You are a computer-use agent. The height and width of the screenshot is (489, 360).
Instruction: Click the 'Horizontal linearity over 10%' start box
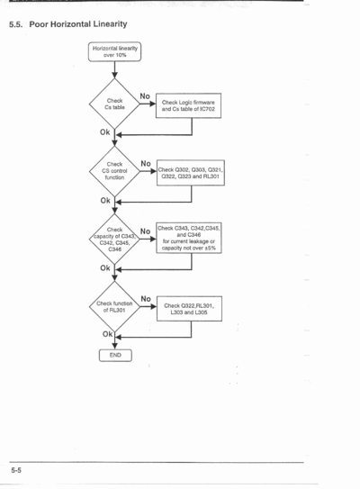click(x=114, y=51)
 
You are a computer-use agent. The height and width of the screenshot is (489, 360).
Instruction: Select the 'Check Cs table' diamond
click(x=114, y=104)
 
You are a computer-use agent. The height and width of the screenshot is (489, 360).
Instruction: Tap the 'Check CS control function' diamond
click(x=114, y=171)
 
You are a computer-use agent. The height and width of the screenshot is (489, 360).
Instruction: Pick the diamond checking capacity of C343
click(x=114, y=239)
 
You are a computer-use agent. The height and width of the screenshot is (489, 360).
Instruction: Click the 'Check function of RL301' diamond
click(x=114, y=306)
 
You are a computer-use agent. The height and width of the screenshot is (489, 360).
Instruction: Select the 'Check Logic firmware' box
click(x=189, y=105)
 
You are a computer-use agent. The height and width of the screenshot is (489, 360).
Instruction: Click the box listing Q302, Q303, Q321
click(x=191, y=173)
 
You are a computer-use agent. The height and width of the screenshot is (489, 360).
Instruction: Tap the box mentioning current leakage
click(x=189, y=239)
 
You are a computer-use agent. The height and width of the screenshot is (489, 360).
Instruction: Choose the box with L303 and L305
click(x=189, y=309)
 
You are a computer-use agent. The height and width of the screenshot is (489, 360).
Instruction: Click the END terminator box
click(x=115, y=355)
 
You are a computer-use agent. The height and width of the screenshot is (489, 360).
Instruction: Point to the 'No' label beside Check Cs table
click(x=145, y=96)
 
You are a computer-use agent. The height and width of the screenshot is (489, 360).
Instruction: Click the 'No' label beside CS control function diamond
click(x=146, y=164)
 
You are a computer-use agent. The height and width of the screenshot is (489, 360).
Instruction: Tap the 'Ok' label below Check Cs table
click(x=105, y=132)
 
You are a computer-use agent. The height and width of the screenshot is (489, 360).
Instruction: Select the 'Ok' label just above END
click(x=107, y=334)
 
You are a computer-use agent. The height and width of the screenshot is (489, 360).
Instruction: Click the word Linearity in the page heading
click(x=111, y=24)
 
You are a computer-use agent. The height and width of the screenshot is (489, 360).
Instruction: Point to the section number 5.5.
click(x=16, y=24)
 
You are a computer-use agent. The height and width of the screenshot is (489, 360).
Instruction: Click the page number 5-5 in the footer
click(x=16, y=470)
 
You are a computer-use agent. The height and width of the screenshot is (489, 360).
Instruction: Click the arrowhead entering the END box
click(x=114, y=346)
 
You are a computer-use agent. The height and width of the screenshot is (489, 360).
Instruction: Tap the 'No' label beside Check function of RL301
click(x=146, y=299)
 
